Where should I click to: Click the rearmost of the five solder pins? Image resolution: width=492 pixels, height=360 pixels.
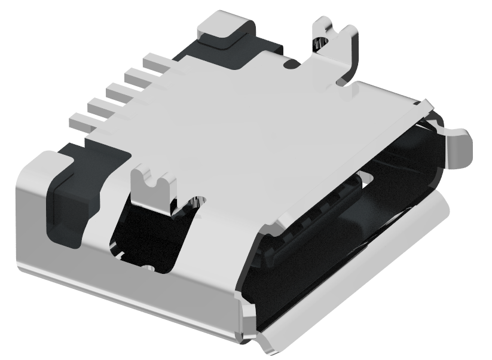(x=154, y=60)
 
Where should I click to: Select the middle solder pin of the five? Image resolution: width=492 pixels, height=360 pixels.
(x=117, y=91)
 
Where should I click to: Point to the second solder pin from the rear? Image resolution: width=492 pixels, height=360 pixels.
(x=136, y=75)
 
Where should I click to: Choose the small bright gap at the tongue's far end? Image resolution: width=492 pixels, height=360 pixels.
(x=366, y=178)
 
